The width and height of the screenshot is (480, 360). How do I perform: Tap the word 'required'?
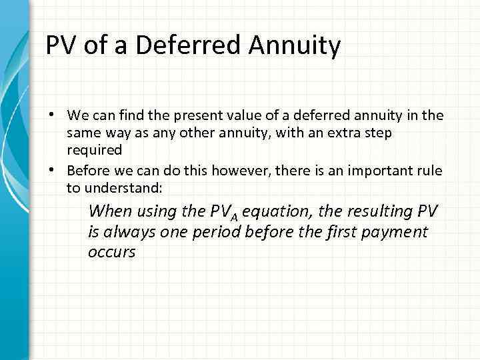pyautogui.click(x=94, y=150)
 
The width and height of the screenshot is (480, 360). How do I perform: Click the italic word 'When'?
pyautogui.click(x=110, y=211)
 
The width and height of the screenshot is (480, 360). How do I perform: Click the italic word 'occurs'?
pyautogui.click(x=111, y=253)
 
